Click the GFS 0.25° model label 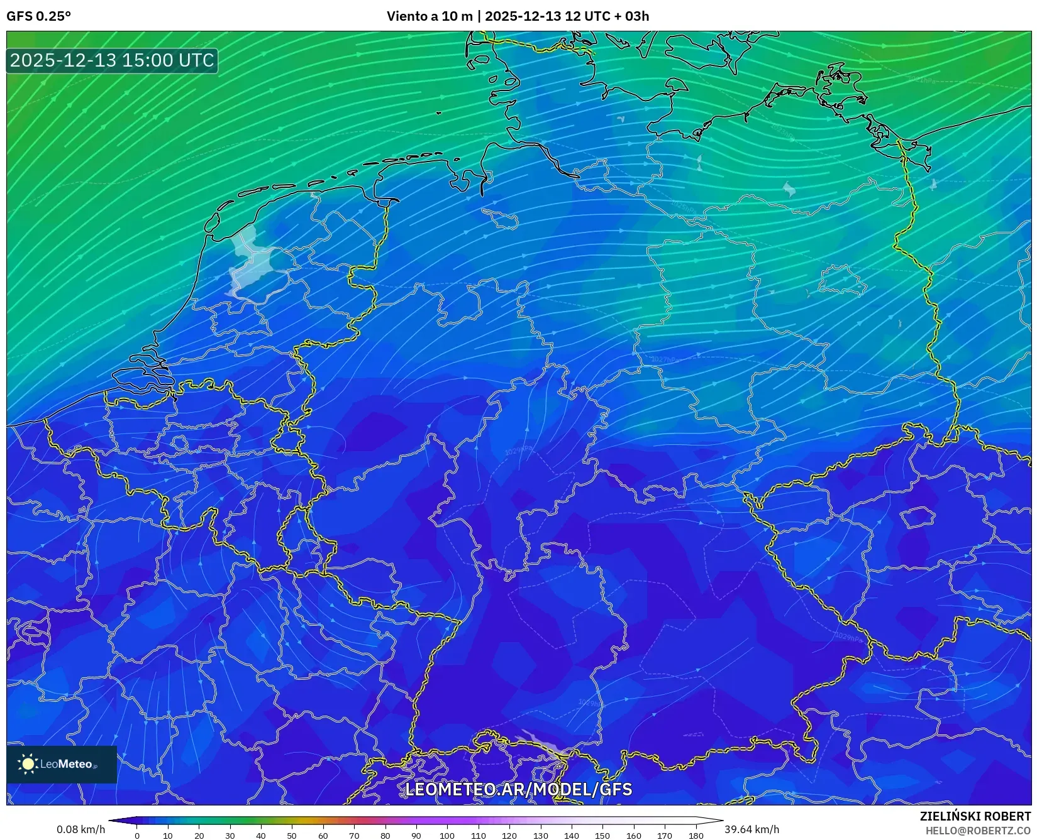(x=38, y=16)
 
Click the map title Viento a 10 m (x=429, y=16)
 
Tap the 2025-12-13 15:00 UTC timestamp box (x=113, y=60)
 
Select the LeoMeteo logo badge (x=62, y=764)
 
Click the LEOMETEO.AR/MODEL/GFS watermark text (x=518, y=789)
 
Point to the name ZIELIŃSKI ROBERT (x=975, y=817)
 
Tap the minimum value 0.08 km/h (x=81, y=829)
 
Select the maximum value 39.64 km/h (x=751, y=829)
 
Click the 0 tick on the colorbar (x=137, y=835)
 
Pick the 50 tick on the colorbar (x=292, y=835)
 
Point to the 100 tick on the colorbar (x=447, y=835)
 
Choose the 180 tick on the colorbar (x=696, y=835)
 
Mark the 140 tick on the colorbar (x=571, y=835)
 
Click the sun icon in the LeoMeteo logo (x=28, y=764)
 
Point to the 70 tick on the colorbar (x=354, y=835)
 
